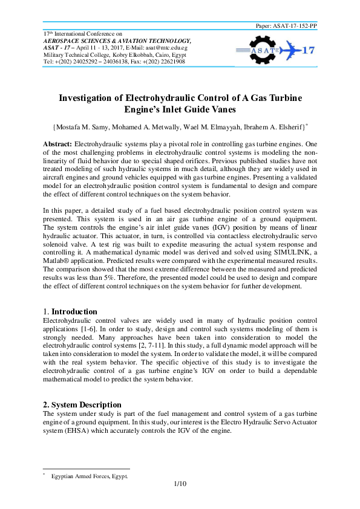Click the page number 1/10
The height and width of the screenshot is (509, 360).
179,484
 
